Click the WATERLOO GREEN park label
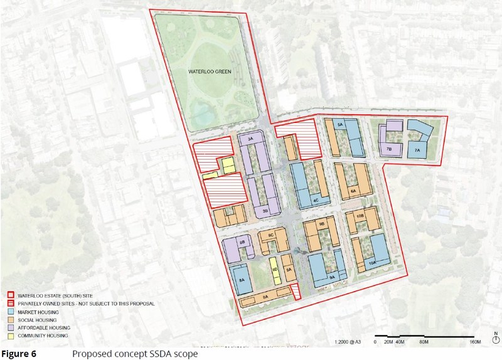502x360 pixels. (210, 72)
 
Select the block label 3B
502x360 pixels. (265, 211)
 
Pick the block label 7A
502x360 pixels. (416, 151)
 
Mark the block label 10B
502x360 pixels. (360, 216)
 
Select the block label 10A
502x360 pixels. (371, 263)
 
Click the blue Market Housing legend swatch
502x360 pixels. (11, 312)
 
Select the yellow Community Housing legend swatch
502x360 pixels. (11, 336)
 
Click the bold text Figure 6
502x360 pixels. (18, 354)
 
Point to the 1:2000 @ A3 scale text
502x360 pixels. (349, 342)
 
